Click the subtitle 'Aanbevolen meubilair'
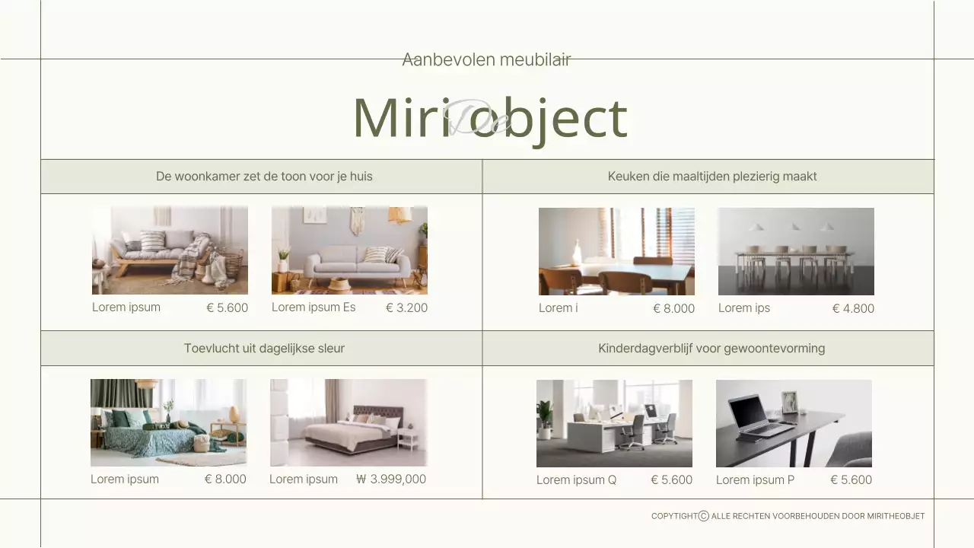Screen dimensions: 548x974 coord(486,59)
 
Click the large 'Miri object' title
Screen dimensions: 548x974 coord(489,118)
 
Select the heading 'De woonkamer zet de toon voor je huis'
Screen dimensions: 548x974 coord(264,177)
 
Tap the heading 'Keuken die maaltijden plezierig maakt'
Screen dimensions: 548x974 coord(712,177)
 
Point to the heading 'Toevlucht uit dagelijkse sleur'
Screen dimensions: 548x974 coord(264,349)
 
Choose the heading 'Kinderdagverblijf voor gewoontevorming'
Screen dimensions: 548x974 coord(711,349)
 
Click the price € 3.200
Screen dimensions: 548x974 coord(406,308)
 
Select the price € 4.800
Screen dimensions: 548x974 coord(853,309)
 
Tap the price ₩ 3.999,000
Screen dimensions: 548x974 coord(391,479)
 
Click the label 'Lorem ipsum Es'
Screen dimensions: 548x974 coord(314,307)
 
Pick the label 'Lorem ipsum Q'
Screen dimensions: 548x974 coord(576,480)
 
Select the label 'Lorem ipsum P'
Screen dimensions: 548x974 coord(755,480)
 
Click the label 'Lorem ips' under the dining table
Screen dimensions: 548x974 coord(744,308)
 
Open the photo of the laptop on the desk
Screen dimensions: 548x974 coord(794,423)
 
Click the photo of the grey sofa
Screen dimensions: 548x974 coord(349,250)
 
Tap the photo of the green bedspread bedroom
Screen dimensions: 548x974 coord(168,422)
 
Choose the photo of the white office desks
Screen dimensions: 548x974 coord(614,423)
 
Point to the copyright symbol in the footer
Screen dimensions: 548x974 coord(704,516)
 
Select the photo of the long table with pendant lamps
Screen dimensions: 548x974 coord(796,251)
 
